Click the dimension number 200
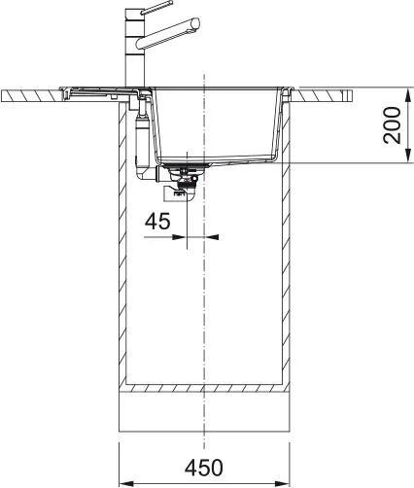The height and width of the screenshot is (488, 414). (391, 124)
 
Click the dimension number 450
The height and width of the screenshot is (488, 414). (204, 467)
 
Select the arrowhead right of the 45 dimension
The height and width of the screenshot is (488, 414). (214, 235)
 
